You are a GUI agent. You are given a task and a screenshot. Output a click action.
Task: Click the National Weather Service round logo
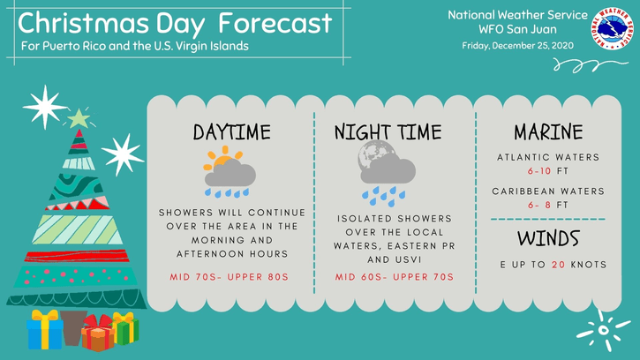click(612, 28)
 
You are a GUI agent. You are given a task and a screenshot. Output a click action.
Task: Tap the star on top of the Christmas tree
click(79, 118)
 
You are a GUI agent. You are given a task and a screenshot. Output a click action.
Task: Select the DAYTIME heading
click(231, 132)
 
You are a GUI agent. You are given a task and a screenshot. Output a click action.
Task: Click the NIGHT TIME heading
click(388, 132)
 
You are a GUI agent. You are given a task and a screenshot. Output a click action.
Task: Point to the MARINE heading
click(548, 131)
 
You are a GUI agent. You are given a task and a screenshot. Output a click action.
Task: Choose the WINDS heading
click(548, 238)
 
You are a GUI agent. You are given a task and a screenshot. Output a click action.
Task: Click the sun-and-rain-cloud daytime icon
click(230, 172)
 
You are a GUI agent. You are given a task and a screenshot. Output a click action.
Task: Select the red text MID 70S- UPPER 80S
click(230, 277)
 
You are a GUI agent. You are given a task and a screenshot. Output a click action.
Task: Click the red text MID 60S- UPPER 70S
click(395, 277)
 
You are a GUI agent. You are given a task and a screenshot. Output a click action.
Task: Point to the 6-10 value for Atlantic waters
click(539, 171)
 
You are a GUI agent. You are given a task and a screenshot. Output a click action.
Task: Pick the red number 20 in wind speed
click(559, 265)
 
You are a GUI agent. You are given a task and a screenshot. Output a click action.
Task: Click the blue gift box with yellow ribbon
click(44, 330)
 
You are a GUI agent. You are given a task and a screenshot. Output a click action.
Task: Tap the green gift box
click(126, 328)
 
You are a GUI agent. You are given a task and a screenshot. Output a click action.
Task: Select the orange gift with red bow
click(98, 333)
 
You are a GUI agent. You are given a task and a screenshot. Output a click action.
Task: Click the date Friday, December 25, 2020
click(517, 46)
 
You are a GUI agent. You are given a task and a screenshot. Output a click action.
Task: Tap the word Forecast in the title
click(275, 23)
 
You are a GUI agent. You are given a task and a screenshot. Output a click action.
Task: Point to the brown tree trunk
click(73, 327)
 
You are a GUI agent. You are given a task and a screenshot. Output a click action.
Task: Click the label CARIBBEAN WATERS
click(548, 191)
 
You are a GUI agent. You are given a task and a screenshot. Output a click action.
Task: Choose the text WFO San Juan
click(517, 29)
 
